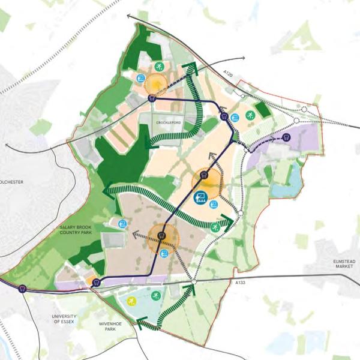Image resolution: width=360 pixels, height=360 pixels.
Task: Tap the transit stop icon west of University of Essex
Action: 23,289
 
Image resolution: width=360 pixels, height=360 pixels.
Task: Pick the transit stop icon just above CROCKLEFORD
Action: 151,98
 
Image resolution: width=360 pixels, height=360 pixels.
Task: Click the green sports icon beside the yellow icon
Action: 155,295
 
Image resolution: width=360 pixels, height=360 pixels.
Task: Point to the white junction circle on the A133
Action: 194,281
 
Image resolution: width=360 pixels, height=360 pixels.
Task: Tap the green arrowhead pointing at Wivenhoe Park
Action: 142,325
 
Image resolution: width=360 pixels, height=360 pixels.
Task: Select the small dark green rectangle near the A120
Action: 262,109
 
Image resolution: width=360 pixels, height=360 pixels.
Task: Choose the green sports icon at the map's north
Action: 159,66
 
